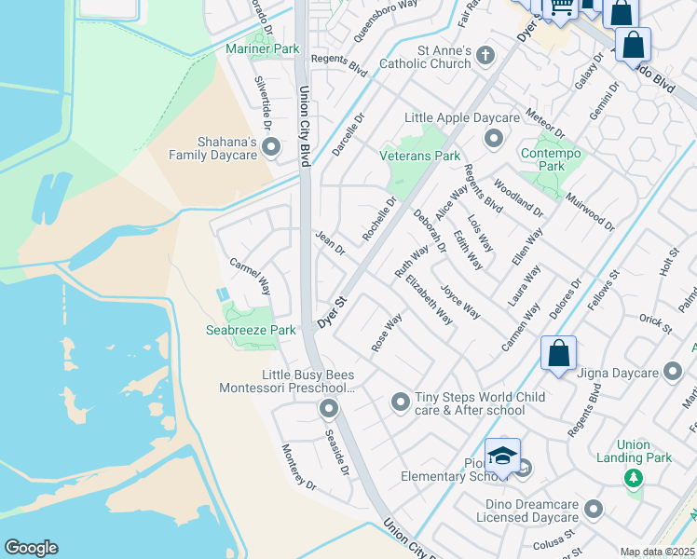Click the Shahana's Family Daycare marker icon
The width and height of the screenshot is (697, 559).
(x=271, y=147)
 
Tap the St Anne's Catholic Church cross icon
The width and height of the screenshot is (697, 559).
(x=484, y=56)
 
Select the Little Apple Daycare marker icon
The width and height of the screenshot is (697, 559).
(x=493, y=139)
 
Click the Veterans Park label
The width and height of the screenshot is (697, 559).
(x=419, y=156)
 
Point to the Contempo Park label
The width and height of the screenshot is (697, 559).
(x=551, y=159)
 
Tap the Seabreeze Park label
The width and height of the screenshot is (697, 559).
(x=251, y=330)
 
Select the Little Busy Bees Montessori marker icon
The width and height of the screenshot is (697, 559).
(x=328, y=408)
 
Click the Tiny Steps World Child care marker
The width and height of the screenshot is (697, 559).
(x=400, y=402)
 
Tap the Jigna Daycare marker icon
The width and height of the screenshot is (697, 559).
(x=673, y=374)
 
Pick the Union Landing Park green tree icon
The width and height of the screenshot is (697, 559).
(x=634, y=478)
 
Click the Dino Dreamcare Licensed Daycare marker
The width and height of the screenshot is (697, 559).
(x=594, y=510)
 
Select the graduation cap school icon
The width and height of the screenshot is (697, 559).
(x=502, y=456)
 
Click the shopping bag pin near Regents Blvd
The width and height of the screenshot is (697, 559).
(x=558, y=354)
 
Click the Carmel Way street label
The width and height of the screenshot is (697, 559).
(x=250, y=276)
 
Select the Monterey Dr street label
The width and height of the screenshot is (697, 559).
(x=299, y=467)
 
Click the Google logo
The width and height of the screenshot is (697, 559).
(x=31, y=548)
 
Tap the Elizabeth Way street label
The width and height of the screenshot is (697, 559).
(x=430, y=300)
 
